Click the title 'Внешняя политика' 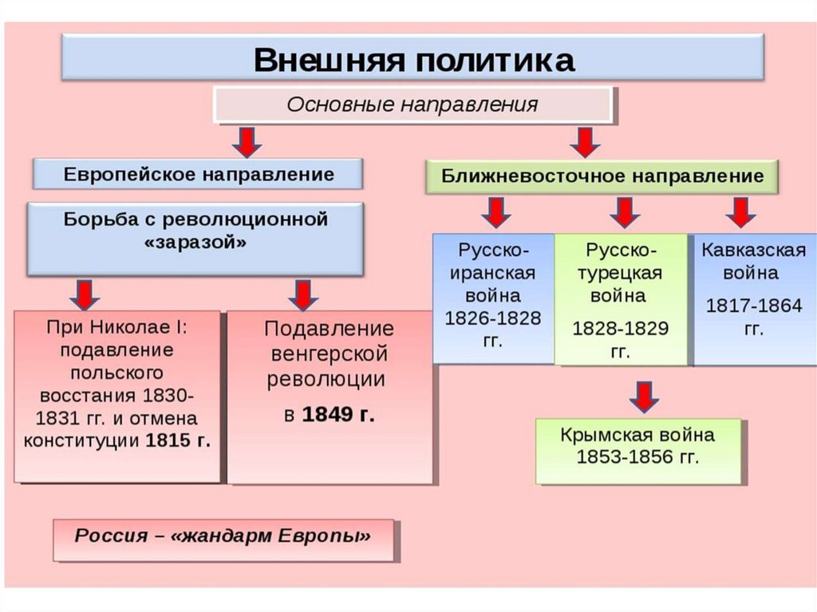pos(413,59)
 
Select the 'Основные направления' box pos(412,105)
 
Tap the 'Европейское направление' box pos(198,174)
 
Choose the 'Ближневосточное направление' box pos(602,176)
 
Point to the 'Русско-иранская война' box pos(493,297)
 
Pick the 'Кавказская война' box pos(754,297)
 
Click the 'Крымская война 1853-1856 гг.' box pos(638,448)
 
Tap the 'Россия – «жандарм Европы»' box pos(223,537)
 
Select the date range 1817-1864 pos(754,306)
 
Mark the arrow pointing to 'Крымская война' pos(642,396)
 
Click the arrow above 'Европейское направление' pos(248,143)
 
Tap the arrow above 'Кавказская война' pos(741,213)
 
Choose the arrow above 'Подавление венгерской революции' pos(303,294)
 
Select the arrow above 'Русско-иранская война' pos(496,213)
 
